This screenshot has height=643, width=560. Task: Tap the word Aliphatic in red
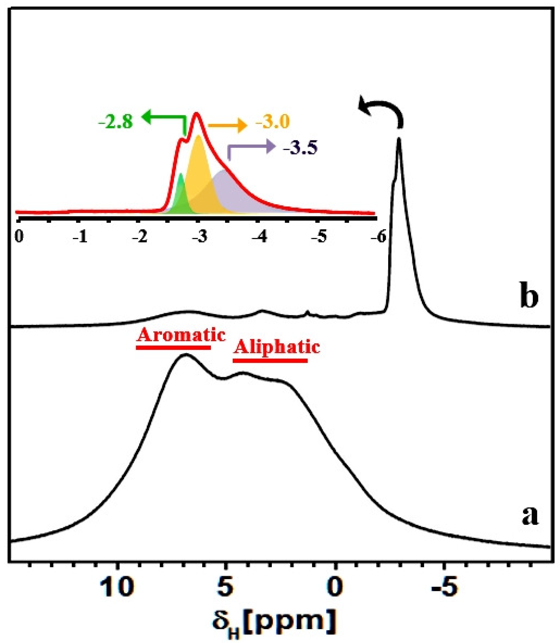click(277, 347)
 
